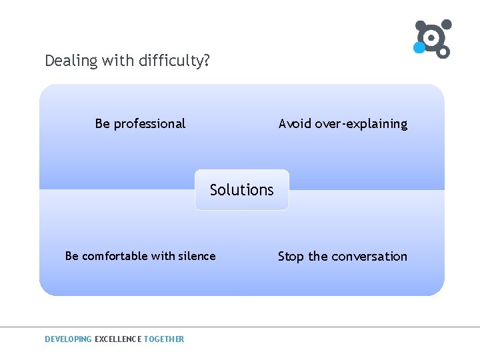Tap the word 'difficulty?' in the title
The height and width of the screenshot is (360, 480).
click(x=175, y=61)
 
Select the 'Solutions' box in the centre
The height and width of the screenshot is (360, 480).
click(x=242, y=190)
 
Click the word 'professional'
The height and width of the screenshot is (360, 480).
click(x=149, y=124)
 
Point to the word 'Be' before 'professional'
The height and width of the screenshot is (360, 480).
click(x=103, y=124)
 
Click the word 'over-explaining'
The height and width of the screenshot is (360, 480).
click(x=360, y=124)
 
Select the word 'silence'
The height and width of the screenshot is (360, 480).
click(x=197, y=256)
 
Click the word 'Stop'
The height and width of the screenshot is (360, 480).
click(x=291, y=257)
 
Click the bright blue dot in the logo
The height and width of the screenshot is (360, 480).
click(x=419, y=48)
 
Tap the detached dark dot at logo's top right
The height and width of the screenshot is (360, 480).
click(x=447, y=25)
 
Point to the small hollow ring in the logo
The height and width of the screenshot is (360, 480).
click(x=443, y=51)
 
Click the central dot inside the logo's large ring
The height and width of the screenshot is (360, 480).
click(x=431, y=37)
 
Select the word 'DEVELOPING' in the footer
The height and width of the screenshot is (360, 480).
click(x=68, y=339)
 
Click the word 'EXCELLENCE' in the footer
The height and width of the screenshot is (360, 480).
click(x=118, y=339)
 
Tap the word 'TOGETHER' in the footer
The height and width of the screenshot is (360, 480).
click(x=164, y=339)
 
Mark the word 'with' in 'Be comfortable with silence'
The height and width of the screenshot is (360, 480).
click(x=163, y=256)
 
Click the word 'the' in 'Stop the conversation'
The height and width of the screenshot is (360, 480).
click(x=317, y=257)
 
